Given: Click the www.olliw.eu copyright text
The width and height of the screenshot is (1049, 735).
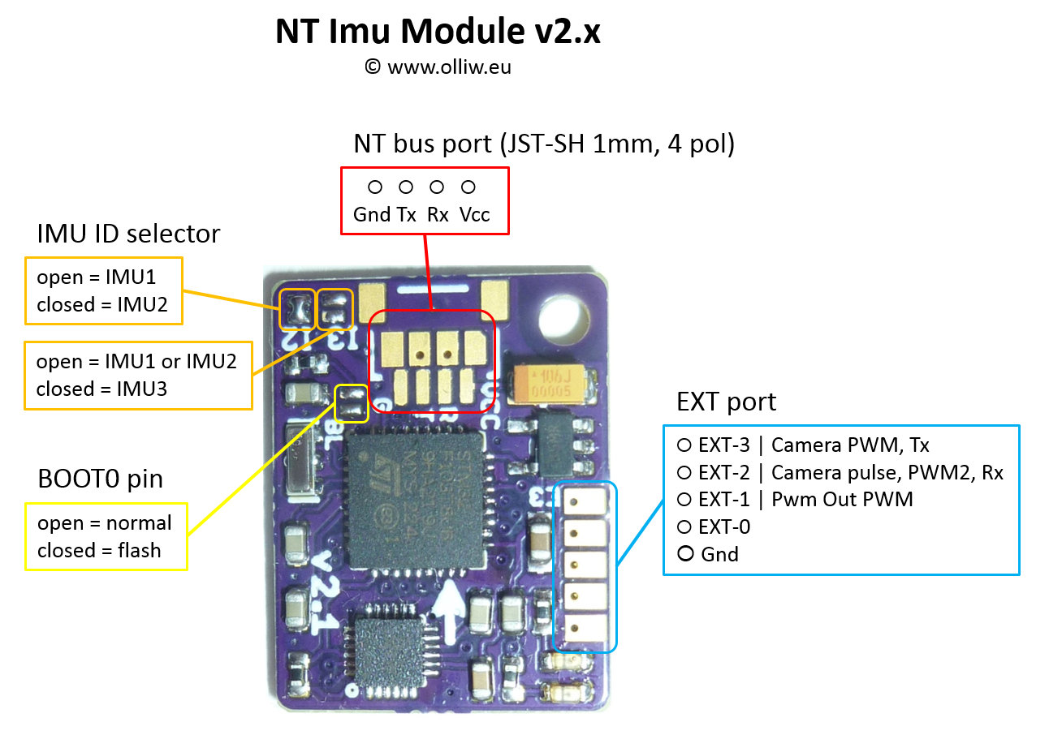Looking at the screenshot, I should tap(438, 67).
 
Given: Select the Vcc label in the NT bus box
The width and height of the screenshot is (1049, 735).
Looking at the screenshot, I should tap(475, 215).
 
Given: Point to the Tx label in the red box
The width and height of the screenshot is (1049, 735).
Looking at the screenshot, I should tap(407, 215).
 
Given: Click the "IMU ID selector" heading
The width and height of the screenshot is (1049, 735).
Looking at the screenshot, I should tap(128, 234).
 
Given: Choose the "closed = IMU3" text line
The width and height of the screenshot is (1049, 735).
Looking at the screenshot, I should tap(101, 389).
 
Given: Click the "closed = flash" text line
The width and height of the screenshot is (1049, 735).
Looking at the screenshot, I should tap(99, 550).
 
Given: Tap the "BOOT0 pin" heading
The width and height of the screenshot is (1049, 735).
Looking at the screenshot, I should tap(100, 479).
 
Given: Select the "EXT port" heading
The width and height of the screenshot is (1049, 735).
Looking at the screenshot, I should tap(726, 402).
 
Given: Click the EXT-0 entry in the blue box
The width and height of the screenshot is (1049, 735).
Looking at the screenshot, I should tap(724, 527).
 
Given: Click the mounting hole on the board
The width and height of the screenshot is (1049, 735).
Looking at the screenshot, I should tap(561, 316).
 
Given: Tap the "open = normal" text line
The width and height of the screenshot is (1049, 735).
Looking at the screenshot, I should tap(105, 522).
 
